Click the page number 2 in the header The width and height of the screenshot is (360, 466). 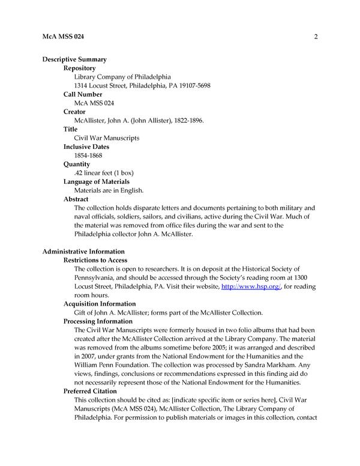[315, 37]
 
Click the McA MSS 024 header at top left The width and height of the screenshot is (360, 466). [63, 37]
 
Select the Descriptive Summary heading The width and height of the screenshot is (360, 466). [74, 59]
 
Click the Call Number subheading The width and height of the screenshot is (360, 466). [83, 94]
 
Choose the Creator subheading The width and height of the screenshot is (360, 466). [74, 112]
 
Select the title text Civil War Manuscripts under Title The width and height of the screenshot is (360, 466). [106, 138]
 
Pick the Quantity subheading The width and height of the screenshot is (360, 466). [77, 164]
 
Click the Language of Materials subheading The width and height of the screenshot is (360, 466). [97, 181]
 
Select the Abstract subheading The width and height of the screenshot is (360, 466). [76, 199]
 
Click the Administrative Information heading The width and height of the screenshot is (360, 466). [83, 251]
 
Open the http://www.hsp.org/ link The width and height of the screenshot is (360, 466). [244, 287]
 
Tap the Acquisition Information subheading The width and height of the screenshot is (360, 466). [100, 304]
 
